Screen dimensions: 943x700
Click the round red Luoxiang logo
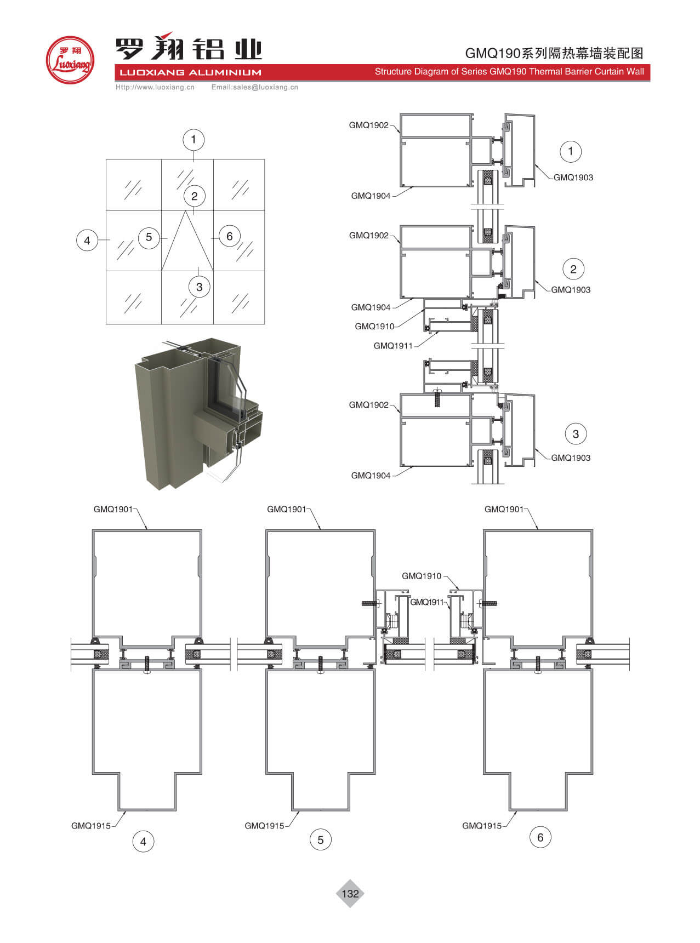[70, 60]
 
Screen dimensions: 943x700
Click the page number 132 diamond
[350, 893]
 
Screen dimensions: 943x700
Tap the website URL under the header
[155, 87]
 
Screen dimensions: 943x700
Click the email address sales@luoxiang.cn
[255, 87]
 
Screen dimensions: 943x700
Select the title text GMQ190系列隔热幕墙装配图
[554, 53]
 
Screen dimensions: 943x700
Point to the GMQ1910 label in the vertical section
[374, 326]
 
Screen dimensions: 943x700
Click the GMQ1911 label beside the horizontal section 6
[426, 602]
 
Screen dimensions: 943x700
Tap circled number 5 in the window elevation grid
[149, 237]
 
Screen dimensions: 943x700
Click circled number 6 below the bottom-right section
[540, 837]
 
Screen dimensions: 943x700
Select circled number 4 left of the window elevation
[87, 240]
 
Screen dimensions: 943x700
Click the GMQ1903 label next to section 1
[573, 178]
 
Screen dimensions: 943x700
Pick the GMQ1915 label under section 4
[91, 826]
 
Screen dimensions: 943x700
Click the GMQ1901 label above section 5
[286, 509]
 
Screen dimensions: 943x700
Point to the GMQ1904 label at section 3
[371, 476]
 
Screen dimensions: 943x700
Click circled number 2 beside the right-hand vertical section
[573, 269]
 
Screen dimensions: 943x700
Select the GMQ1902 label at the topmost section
[368, 125]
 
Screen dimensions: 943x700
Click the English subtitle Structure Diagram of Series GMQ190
[509, 72]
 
